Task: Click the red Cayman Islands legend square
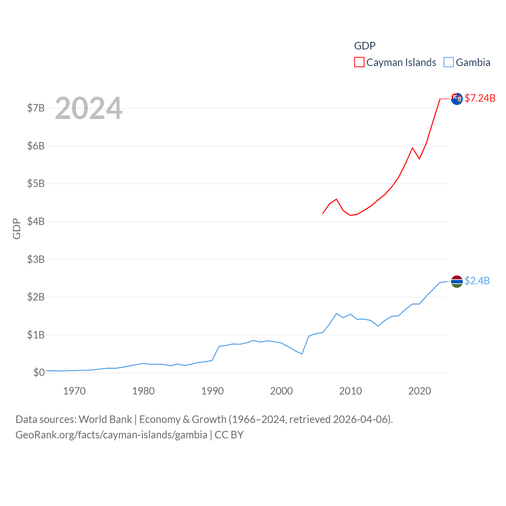pyautogui.click(x=359, y=62)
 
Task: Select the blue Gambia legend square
pyautogui.click(x=449, y=62)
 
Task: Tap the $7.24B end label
pyautogui.click(x=480, y=98)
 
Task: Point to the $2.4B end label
pyautogui.click(x=477, y=281)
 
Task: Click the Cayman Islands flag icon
pyautogui.click(x=457, y=99)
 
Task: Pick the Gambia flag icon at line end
pyautogui.click(x=457, y=281)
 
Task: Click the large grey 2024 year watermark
pyautogui.click(x=89, y=108)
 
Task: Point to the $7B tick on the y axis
pyautogui.click(x=36, y=108)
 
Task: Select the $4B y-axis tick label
pyautogui.click(x=36, y=221)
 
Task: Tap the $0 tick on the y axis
pyautogui.click(x=39, y=372)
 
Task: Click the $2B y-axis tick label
pyautogui.click(x=36, y=297)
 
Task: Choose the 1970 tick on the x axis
pyautogui.click(x=74, y=391)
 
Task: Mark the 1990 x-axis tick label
pyautogui.click(x=212, y=391)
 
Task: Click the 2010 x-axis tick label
pyautogui.click(x=350, y=391)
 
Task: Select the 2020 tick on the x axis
pyautogui.click(x=419, y=391)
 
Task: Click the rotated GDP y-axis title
pyautogui.click(x=17, y=228)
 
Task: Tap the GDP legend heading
pyautogui.click(x=364, y=46)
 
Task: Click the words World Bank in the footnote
pyautogui.click(x=105, y=419)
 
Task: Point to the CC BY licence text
pyautogui.click(x=229, y=435)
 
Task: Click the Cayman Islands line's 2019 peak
pyautogui.click(x=412, y=148)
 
